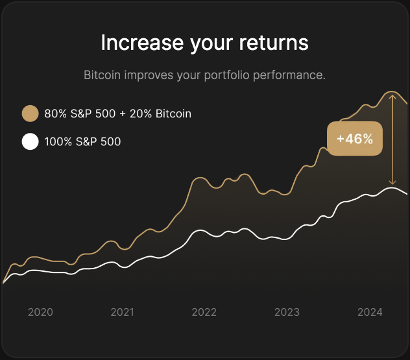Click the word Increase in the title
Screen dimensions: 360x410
[x=132, y=43]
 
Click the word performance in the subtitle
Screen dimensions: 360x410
[x=290, y=75]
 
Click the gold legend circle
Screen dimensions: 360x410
[x=30, y=114]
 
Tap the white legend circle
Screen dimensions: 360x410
[x=30, y=141]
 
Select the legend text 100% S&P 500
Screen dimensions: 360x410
[x=82, y=141]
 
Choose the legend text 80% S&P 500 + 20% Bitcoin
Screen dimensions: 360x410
[x=117, y=114]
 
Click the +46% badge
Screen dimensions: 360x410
[x=354, y=138]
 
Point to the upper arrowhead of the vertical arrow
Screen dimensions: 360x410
[x=392, y=95]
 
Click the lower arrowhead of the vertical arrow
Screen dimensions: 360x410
[x=392, y=183]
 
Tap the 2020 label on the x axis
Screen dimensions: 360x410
[x=40, y=312]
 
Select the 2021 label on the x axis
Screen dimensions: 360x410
[x=122, y=312]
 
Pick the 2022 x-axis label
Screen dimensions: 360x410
[x=204, y=312]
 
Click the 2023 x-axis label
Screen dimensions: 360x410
[x=287, y=312]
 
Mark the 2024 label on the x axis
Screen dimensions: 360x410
[x=370, y=312]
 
